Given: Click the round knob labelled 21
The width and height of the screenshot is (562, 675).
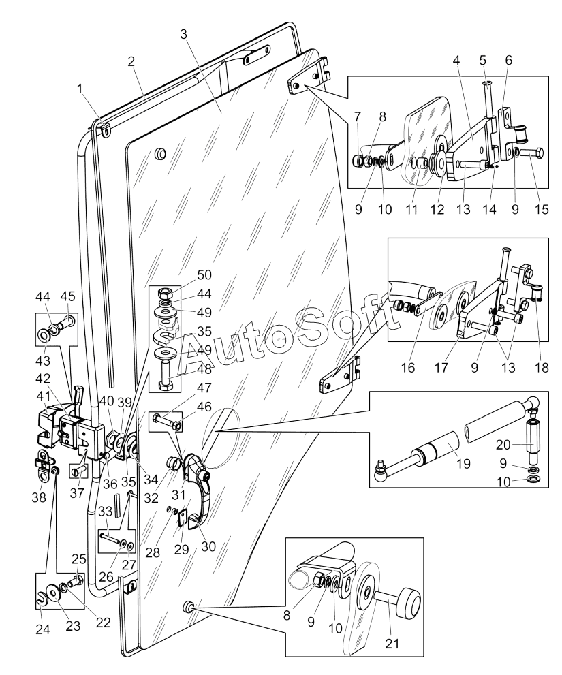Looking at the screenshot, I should pyautogui.click(x=411, y=601).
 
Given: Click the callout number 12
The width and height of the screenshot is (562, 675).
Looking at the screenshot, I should pyautogui.click(x=436, y=210).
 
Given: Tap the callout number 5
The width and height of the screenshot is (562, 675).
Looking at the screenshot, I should pyautogui.click(x=482, y=60).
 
